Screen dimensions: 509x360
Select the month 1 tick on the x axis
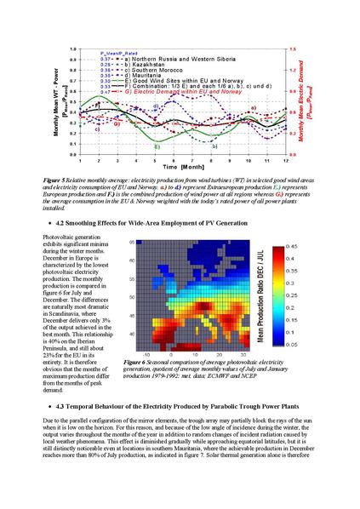point(80,160)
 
